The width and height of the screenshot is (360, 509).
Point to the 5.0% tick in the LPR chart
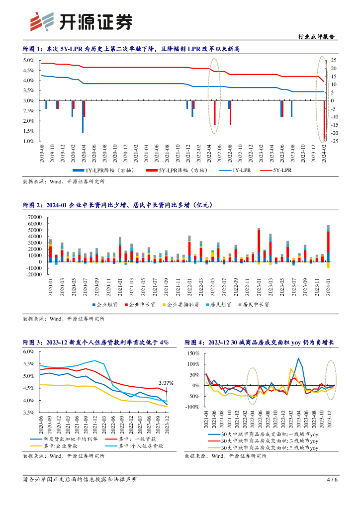(x=28, y=60)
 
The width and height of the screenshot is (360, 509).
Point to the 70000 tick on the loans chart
(x=35, y=217)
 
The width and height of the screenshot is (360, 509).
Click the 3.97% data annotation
(x=166, y=383)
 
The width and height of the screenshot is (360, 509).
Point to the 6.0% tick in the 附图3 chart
(x=28, y=351)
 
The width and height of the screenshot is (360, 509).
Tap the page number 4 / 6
(x=332, y=480)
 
